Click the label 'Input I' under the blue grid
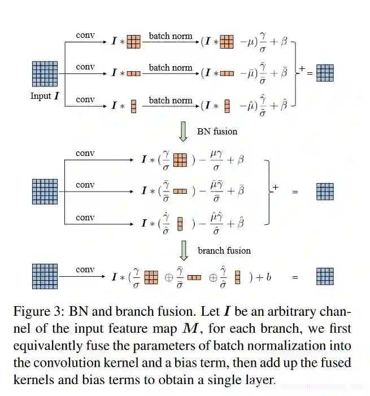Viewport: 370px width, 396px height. pos(45,96)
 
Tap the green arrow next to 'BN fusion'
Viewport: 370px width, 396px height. pos(182,130)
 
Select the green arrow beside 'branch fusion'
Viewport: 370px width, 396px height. pos(182,250)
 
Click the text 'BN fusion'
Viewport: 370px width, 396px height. pos(217,131)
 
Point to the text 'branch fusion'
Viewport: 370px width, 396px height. pos(224,250)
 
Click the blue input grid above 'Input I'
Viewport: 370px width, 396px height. pos(45,73)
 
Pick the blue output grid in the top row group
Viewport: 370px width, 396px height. pos(325,73)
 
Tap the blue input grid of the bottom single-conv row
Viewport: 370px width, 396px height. pos(45,277)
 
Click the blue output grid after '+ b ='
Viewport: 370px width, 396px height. pos(325,277)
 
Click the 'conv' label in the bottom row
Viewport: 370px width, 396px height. pos(85,269)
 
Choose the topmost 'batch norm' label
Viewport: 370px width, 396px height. pos(171,36)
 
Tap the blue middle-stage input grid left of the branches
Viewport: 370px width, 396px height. pos(45,192)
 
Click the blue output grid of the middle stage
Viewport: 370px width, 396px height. pos(325,192)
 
